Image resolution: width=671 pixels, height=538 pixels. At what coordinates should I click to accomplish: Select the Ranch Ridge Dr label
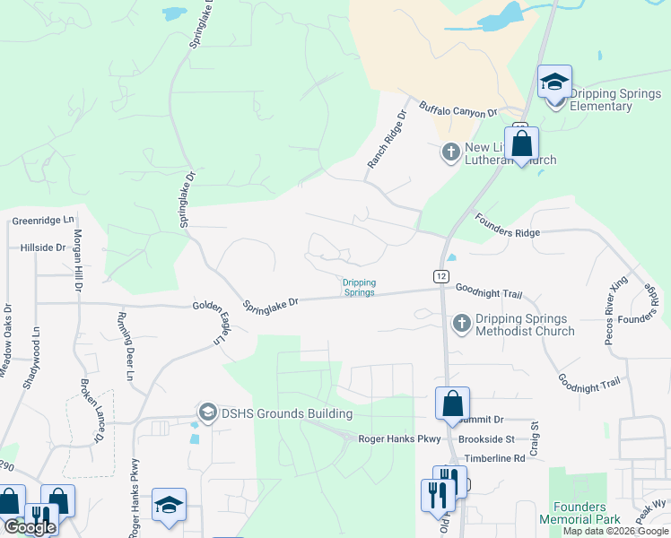(387, 141)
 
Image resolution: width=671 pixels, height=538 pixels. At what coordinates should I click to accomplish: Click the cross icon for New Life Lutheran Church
(451, 153)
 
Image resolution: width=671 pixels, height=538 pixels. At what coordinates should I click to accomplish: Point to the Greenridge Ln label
(43, 220)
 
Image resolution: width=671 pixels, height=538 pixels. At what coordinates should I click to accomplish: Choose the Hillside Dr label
(43, 247)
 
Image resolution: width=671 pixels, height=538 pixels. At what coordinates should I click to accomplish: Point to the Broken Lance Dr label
(91, 412)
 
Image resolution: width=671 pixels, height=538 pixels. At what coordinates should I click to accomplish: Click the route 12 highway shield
(440, 276)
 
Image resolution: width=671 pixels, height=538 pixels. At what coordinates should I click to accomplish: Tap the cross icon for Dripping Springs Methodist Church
(461, 324)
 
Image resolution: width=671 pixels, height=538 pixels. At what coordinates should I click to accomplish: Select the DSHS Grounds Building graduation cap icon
(207, 412)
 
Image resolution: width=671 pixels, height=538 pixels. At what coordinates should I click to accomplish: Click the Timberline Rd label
(494, 458)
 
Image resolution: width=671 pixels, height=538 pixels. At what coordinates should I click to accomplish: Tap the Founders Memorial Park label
(580, 513)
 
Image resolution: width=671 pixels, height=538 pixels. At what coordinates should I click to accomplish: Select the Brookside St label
(484, 439)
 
